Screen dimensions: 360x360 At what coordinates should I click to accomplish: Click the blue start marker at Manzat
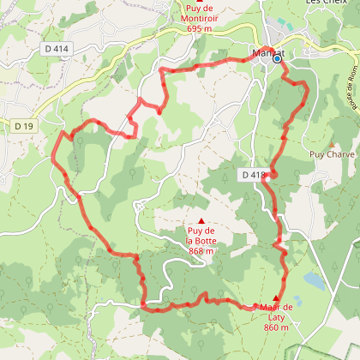click(x=277, y=59)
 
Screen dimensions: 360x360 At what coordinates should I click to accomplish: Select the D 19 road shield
click(x=25, y=126)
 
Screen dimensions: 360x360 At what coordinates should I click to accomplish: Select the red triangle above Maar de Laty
click(x=275, y=298)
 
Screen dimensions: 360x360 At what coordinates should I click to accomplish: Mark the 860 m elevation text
click(x=276, y=327)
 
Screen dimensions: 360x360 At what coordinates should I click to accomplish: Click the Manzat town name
click(x=267, y=53)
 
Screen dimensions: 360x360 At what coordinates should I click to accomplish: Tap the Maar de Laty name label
click(x=276, y=312)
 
